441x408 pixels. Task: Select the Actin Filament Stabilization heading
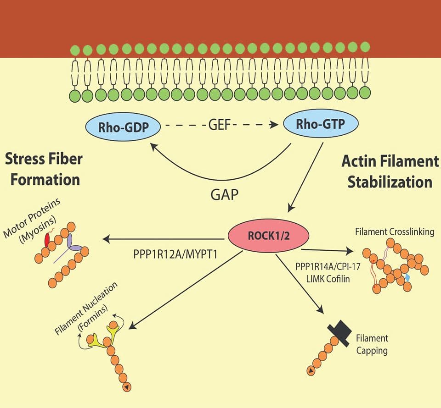pos(390,171)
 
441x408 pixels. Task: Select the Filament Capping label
pos(372,344)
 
